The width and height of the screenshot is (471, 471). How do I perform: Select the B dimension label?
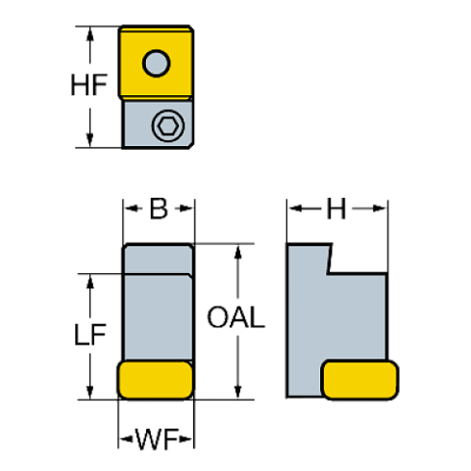coord(159,207)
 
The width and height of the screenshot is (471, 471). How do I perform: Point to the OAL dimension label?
coord(236,318)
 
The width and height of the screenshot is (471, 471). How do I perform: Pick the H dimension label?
coord(335,207)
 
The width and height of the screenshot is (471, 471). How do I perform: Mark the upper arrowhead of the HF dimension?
coord(89,33)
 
